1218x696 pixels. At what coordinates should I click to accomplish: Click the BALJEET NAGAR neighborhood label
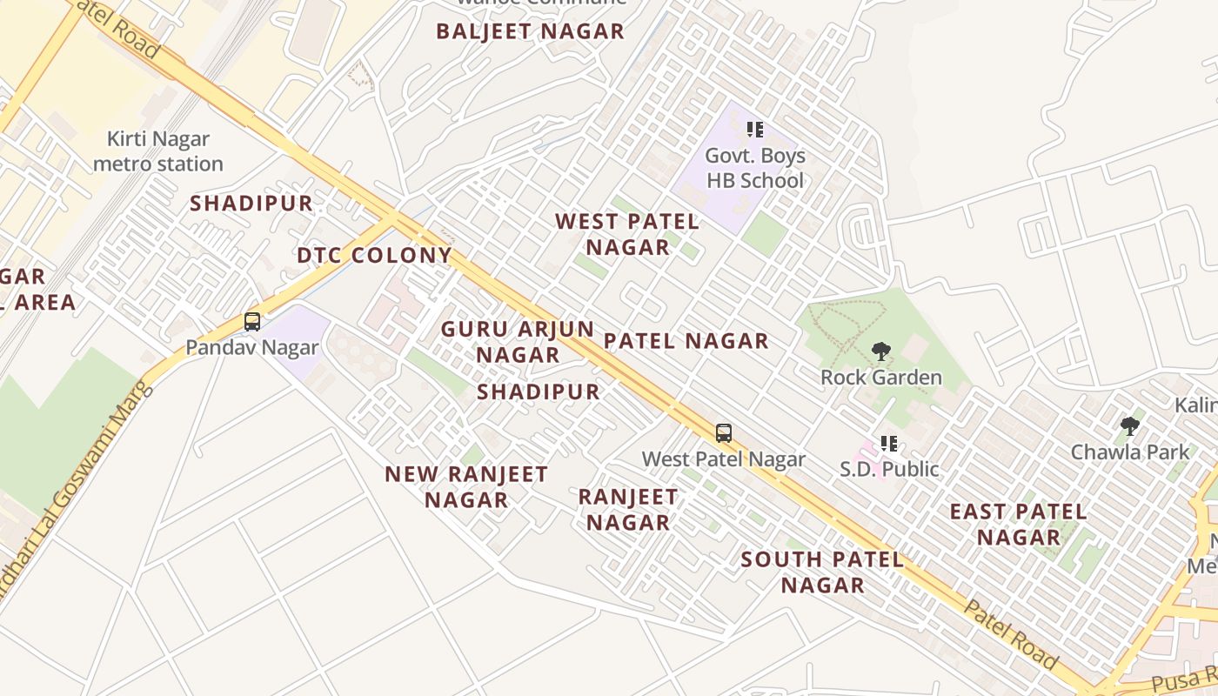(x=530, y=32)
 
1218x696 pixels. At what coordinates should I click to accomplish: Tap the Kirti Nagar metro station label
(x=158, y=151)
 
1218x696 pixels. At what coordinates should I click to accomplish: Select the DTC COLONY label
(x=374, y=256)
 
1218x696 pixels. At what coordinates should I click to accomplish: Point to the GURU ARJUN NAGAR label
(x=518, y=342)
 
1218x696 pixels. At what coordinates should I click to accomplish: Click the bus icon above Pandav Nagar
(x=252, y=322)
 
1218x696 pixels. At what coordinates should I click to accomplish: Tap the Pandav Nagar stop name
(x=252, y=348)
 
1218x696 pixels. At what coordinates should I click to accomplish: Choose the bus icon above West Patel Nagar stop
(x=723, y=432)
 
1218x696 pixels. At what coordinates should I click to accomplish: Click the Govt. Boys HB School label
(x=755, y=168)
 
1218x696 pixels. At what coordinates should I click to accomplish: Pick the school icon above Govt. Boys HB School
(x=754, y=130)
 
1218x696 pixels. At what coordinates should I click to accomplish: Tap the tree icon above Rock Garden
(x=880, y=351)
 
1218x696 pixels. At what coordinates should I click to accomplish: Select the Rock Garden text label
(x=881, y=378)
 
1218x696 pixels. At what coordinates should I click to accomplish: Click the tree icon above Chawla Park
(x=1129, y=425)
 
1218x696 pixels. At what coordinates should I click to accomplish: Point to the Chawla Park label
(x=1129, y=452)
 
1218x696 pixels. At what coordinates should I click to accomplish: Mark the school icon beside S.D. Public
(x=888, y=444)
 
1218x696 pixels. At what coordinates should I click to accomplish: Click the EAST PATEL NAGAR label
(x=1018, y=525)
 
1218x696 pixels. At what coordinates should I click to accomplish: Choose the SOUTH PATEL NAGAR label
(x=822, y=572)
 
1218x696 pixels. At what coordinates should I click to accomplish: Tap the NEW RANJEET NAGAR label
(x=466, y=487)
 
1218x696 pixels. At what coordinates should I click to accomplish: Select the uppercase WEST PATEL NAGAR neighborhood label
(x=627, y=234)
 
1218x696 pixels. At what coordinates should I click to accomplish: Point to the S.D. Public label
(x=889, y=470)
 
